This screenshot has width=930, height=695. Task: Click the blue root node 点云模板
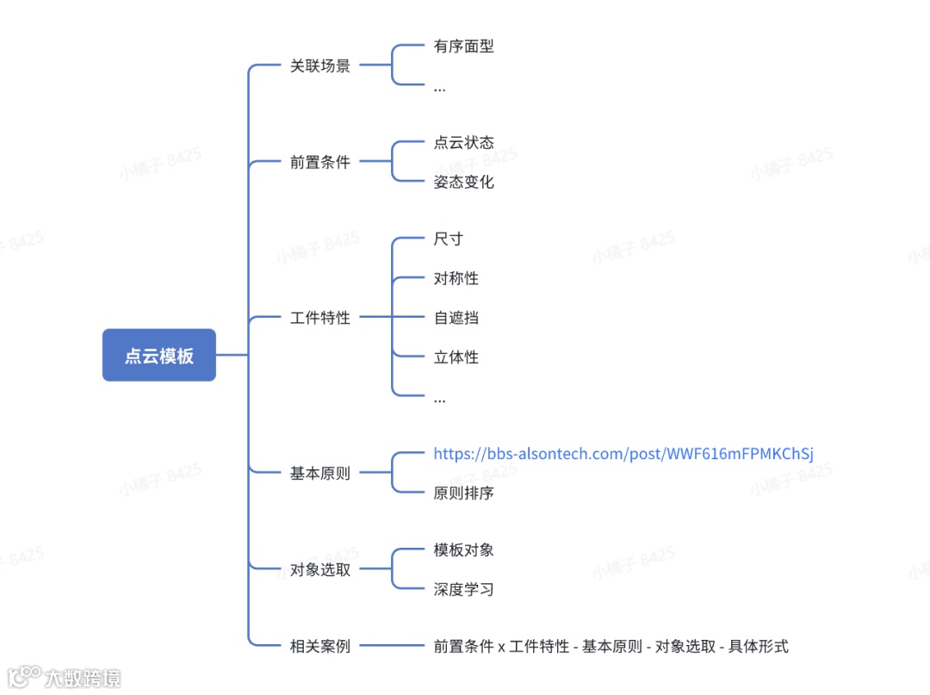coord(159,355)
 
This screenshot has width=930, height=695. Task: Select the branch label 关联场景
coord(320,66)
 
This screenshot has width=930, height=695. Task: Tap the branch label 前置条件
coord(320,162)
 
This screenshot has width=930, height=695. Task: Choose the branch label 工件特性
coord(320,318)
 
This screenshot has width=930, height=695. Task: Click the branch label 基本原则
coord(320,473)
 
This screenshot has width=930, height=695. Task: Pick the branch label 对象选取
coord(320,569)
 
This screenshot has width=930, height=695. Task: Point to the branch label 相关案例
coord(320,646)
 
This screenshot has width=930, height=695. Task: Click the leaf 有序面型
coord(464,47)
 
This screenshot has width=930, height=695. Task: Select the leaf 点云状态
coord(464,142)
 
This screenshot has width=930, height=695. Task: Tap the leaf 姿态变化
coord(464,182)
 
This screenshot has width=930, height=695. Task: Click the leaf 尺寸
coord(449,239)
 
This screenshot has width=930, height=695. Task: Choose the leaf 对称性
coord(456,278)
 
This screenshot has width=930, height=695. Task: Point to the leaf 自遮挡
coord(456,318)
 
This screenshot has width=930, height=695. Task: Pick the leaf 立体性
coord(456,357)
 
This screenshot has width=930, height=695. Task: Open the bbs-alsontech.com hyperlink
coord(623,454)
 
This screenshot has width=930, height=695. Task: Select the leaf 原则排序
coord(464,493)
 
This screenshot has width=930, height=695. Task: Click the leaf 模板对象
coord(464,549)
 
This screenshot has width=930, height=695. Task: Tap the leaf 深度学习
coord(464,589)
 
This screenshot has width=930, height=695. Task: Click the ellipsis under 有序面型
coord(440,88)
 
